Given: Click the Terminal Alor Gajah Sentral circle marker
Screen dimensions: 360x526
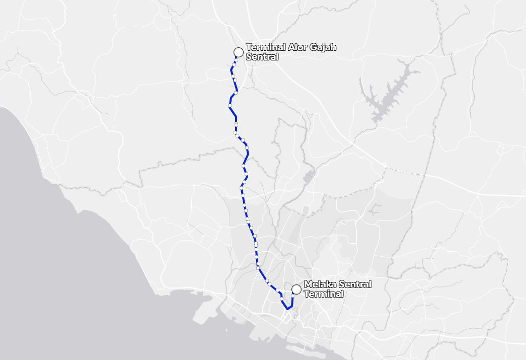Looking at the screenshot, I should click(x=239, y=52).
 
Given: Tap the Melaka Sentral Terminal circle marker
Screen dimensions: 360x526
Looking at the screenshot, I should click(x=296, y=289).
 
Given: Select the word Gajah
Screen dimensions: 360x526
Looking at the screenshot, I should click(x=324, y=48).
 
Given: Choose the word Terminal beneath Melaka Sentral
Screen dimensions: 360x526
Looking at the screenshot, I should click(x=324, y=294).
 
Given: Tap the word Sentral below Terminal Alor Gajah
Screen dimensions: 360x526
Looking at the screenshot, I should click(x=262, y=57).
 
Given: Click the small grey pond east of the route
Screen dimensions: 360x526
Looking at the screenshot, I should click(x=308, y=177).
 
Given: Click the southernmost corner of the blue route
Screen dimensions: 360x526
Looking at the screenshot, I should click(x=286, y=308).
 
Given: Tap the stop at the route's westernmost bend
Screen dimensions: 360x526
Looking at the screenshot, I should click(x=230, y=106).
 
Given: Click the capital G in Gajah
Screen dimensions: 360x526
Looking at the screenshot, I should click(x=316, y=48).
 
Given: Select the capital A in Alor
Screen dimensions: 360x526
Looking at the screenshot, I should click(x=293, y=48).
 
